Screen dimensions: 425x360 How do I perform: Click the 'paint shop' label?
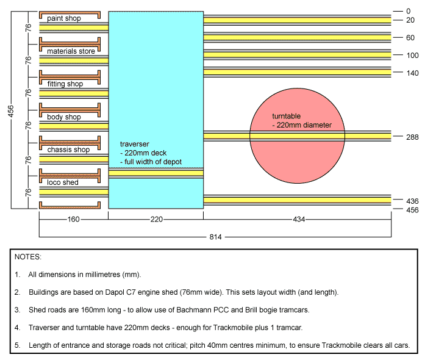tap(64, 18)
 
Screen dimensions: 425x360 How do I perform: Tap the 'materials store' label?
tap(71, 51)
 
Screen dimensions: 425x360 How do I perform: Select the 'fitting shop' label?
tap(65, 84)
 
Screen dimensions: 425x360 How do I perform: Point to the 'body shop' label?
tap(64, 117)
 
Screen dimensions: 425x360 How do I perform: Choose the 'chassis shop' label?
tap(68, 149)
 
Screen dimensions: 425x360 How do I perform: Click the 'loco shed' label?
tap(63, 182)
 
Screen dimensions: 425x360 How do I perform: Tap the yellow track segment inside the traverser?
tap(156, 173)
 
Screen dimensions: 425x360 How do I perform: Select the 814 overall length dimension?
tap(215, 237)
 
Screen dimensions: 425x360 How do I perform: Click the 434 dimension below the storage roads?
tap(299, 219)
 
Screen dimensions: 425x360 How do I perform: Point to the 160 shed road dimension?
tap(73, 219)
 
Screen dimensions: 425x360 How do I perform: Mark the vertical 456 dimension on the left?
tap(10, 111)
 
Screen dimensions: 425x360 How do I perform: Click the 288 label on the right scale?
tap(412, 137)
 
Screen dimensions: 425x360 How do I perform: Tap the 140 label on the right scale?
tap(412, 73)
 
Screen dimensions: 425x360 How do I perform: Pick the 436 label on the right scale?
tap(412, 201)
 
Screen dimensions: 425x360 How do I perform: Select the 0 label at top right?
tap(409, 11)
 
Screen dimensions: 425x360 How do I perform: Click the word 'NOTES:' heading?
tap(28, 257)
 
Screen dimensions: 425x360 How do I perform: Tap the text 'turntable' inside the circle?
tap(286, 116)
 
